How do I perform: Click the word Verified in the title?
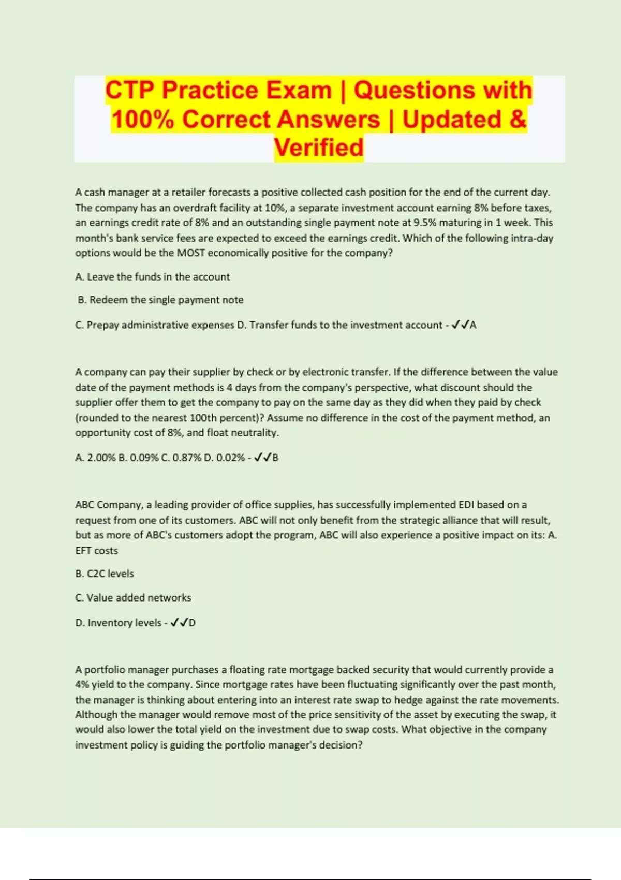[x=319, y=148]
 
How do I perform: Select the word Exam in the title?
[x=296, y=90]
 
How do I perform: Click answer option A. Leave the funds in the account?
[x=153, y=277]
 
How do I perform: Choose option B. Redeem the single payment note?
[x=160, y=300]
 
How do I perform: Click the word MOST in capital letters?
[x=191, y=253]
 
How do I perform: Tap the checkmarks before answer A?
[x=460, y=325]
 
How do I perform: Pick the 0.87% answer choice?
[x=185, y=458]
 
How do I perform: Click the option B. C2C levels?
[x=105, y=574]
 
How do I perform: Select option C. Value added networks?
[x=133, y=598]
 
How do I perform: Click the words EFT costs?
[x=97, y=551]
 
